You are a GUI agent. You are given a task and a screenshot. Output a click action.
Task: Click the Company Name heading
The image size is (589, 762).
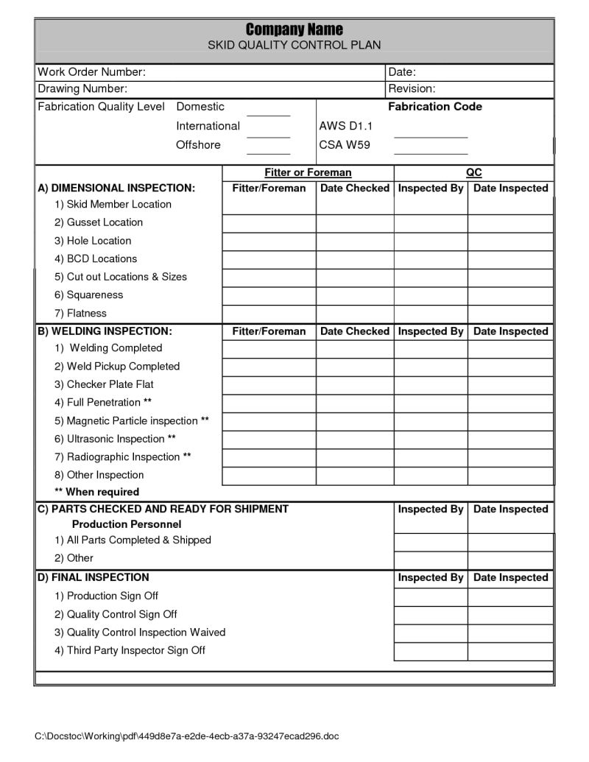(294, 29)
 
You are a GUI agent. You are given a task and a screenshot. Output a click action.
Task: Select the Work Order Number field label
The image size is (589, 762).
(91, 72)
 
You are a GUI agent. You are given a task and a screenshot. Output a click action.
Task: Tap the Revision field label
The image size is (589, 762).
(412, 89)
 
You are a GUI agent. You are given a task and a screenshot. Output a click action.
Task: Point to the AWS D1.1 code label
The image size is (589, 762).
(346, 126)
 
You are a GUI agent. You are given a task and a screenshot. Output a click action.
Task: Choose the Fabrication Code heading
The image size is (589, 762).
(435, 107)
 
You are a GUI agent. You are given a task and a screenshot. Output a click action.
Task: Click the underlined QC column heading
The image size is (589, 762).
(474, 173)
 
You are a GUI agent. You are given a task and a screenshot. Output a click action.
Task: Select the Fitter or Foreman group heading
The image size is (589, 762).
(308, 173)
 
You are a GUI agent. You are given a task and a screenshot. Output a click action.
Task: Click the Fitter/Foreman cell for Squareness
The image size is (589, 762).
(269, 296)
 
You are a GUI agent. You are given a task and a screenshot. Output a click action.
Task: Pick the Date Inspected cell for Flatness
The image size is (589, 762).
(510, 314)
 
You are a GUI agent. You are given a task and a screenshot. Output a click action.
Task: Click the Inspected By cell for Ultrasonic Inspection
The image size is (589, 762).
(431, 440)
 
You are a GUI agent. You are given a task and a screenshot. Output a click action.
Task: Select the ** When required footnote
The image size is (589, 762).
(96, 492)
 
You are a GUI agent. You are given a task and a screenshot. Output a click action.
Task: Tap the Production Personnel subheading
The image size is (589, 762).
(126, 524)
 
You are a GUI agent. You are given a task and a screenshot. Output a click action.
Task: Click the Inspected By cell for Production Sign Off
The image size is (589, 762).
(431, 596)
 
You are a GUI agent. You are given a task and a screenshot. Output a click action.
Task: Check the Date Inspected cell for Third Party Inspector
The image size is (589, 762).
(510, 652)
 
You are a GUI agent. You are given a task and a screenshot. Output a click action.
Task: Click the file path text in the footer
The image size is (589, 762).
(187, 736)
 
